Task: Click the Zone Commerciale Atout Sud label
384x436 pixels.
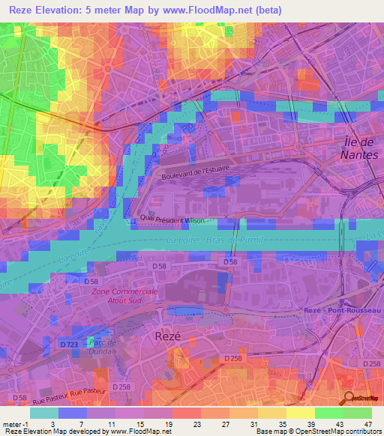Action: (125, 295)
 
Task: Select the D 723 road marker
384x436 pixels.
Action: (68, 343)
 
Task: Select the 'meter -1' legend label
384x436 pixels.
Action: (15, 424)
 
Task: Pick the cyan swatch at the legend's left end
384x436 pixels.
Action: (43, 413)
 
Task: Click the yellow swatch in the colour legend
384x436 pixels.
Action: (300, 413)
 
